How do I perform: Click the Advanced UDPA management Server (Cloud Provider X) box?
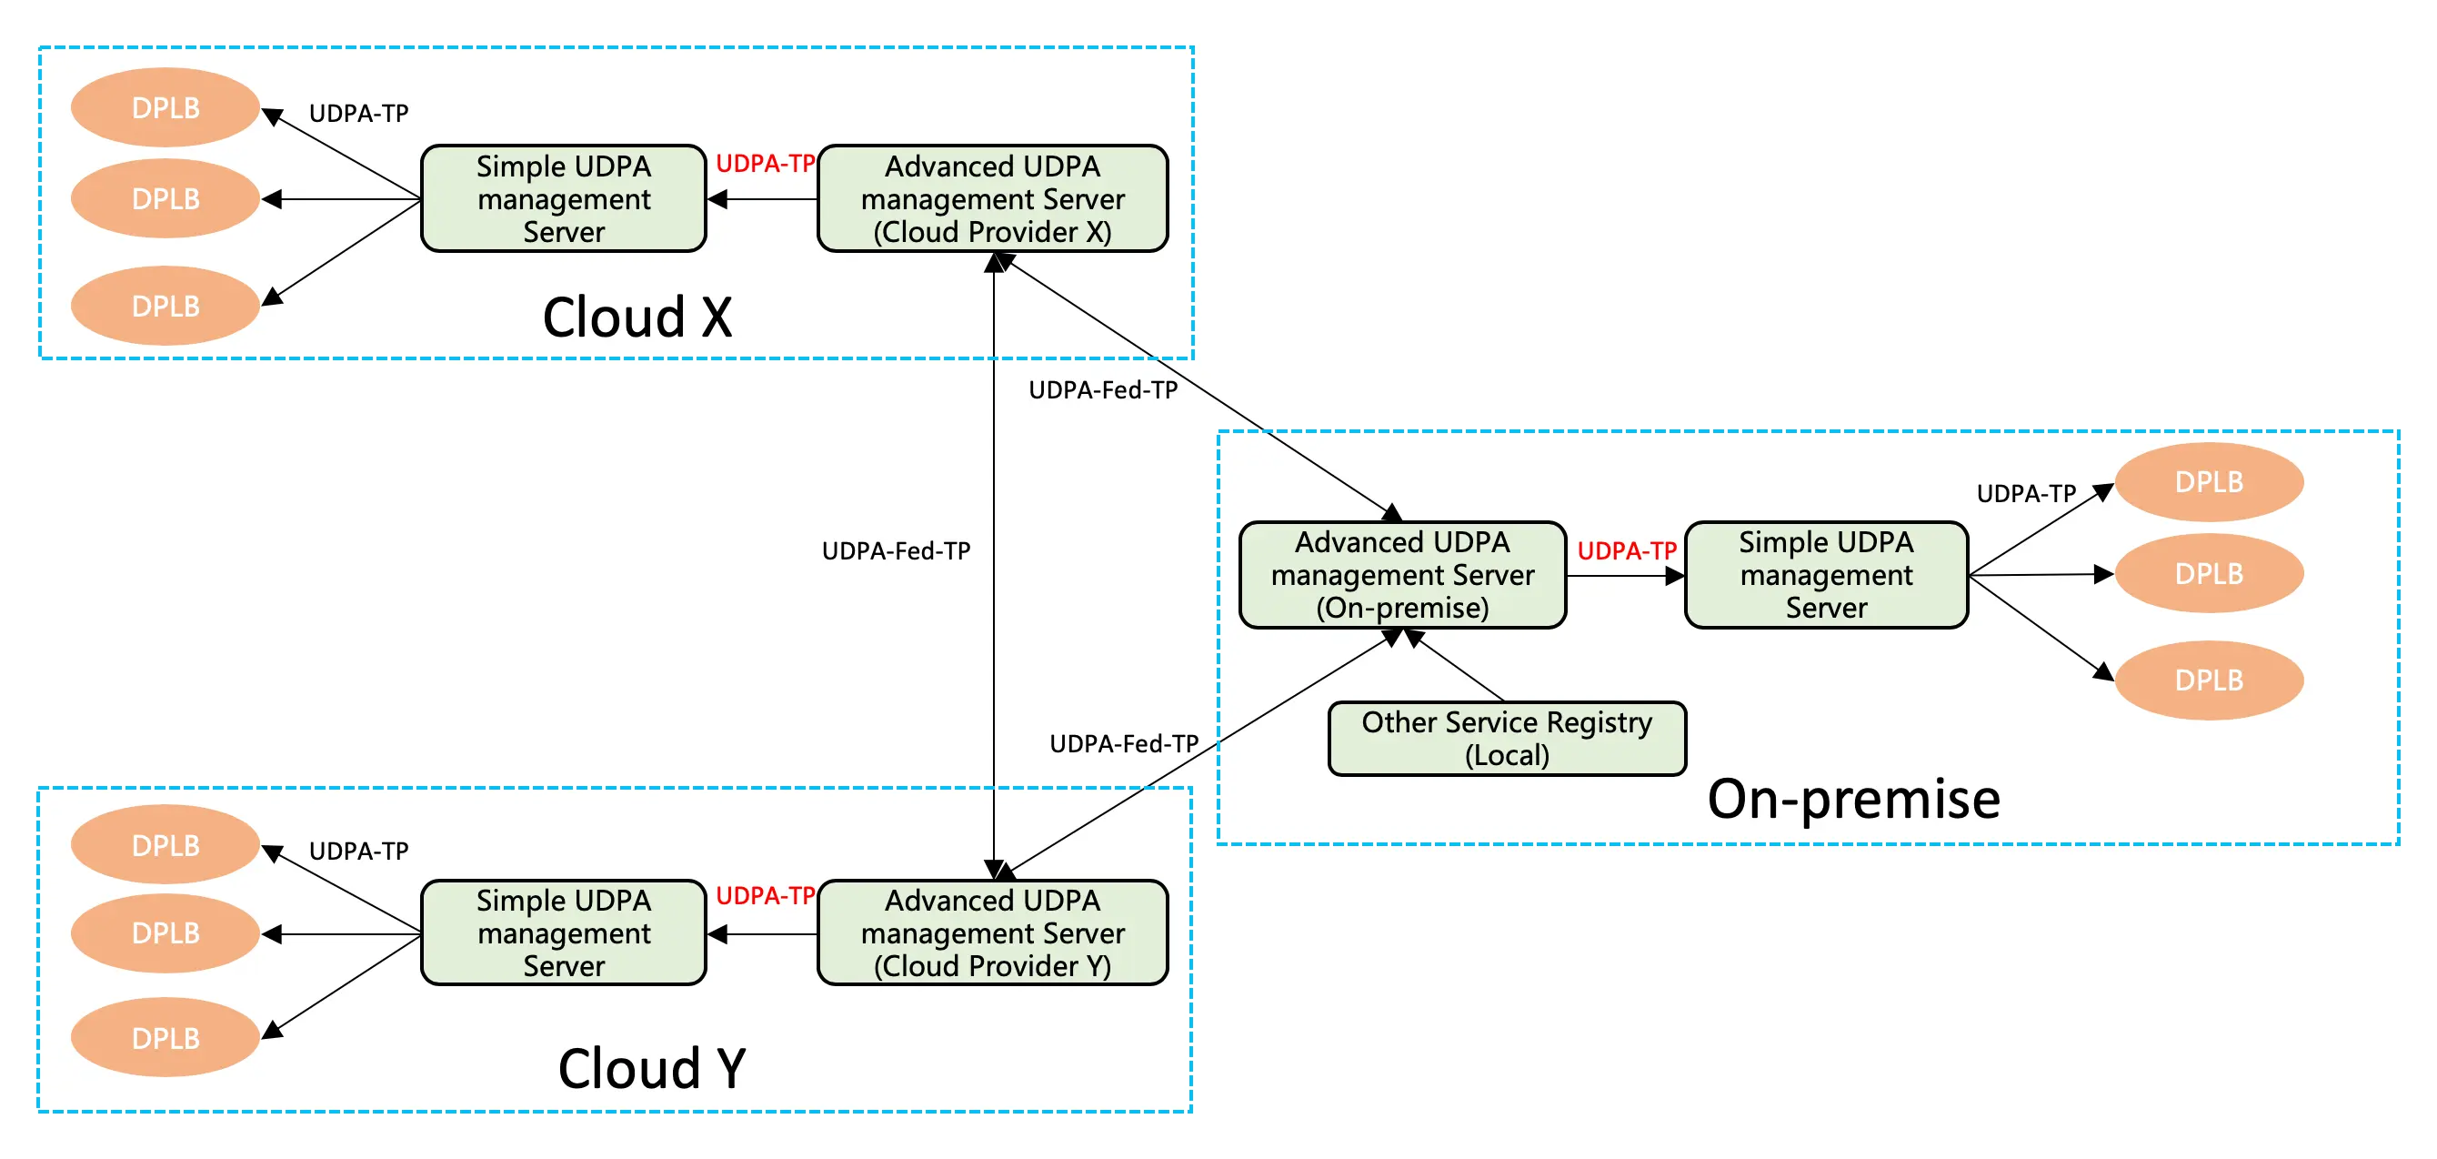tap(992, 198)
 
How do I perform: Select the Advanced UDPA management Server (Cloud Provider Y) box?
tap(992, 932)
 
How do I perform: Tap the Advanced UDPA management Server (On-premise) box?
tap(1402, 574)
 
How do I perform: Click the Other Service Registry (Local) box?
tap(1506, 739)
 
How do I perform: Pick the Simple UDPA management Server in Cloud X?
tap(564, 198)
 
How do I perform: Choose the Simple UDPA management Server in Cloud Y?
tap(564, 932)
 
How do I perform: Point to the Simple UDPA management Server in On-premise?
tap(1826, 574)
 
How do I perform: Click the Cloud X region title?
tap(637, 317)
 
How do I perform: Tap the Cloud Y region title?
tap(652, 1068)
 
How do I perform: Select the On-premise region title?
tap(1853, 799)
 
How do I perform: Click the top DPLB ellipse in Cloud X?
tap(165, 108)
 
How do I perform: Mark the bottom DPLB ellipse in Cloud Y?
tap(165, 1038)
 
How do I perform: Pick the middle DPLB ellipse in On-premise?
tap(2208, 573)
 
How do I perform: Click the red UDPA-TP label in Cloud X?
tap(765, 164)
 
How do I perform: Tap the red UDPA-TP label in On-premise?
tap(1626, 550)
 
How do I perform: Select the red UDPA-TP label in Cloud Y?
tap(765, 895)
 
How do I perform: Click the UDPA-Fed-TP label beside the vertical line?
tap(896, 550)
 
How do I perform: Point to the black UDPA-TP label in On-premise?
tap(2025, 493)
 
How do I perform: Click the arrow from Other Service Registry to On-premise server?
tap(1457, 666)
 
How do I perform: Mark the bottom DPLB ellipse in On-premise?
tap(2208, 680)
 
